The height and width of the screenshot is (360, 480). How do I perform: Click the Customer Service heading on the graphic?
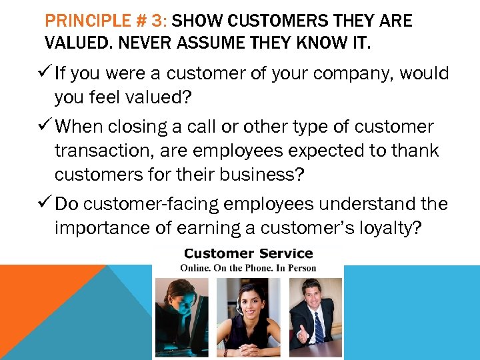coord(248,253)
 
